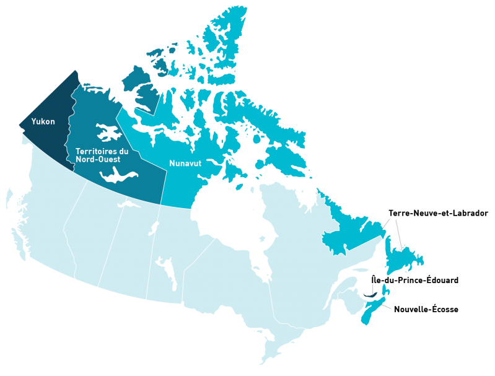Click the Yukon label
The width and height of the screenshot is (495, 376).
[x=43, y=121]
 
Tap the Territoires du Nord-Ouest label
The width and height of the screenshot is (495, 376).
[x=102, y=155]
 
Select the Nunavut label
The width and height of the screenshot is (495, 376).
[x=185, y=164]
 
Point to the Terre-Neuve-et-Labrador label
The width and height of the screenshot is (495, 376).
[x=438, y=213]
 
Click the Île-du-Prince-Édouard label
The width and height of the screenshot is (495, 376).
[x=414, y=281]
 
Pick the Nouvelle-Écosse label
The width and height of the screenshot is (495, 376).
[x=426, y=309]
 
